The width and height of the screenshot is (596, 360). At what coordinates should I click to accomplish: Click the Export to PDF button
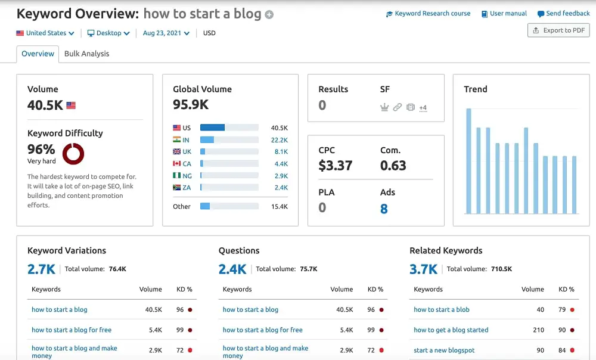tap(558, 30)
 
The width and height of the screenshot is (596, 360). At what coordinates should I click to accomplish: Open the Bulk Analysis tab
tap(86, 54)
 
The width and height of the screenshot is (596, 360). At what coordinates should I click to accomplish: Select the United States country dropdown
tap(45, 33)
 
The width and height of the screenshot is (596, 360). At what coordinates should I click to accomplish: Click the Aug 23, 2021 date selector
tap(166, 33)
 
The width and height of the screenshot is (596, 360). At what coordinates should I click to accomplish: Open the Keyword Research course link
tap(429, 14)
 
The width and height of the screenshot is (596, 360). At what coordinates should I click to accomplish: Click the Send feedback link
tap(564, 14)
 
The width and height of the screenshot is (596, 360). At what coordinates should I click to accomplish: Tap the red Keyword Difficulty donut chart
tap(73, 154)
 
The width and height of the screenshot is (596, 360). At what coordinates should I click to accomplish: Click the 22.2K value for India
tap(279, 140)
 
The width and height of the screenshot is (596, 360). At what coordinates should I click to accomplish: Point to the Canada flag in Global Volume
tap(177, 164)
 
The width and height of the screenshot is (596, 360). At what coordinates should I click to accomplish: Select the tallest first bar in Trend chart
tap(469, 161)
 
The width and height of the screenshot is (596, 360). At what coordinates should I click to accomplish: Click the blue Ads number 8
tap(384, 209)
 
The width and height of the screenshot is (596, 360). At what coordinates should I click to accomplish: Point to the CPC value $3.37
tap(335, 166)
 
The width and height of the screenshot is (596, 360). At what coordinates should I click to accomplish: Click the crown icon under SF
tap(384, 107)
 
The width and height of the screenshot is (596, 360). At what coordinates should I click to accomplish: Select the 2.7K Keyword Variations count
tap(41, 269)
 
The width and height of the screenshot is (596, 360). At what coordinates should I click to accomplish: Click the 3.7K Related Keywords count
tap(423, 269)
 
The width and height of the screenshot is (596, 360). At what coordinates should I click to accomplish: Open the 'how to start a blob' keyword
tap(442, 309)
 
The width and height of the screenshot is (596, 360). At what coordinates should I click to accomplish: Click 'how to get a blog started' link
tap(451, 330)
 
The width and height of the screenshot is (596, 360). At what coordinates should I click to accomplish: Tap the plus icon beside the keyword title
tap(269, 15)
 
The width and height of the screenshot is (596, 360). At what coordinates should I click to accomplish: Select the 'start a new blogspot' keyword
tap(444, 350)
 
